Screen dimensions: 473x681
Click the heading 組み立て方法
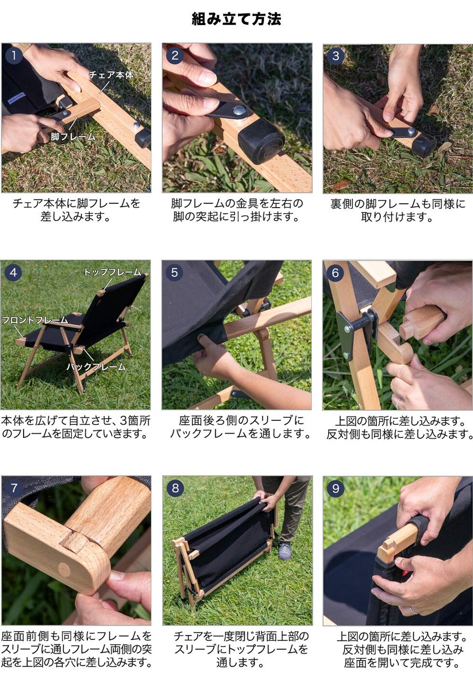(236, 19)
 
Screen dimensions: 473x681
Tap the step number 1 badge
(14, 56)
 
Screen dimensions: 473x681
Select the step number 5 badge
(175, 273)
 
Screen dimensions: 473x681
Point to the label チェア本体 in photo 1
(111, 75)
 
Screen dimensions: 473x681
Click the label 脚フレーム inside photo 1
(73, 137)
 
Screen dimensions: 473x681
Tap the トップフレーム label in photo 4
(112, 272)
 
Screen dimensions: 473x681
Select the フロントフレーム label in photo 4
(35, 320)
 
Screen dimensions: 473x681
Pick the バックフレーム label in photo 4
(96, 367)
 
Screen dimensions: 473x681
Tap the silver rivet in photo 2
(240, 111)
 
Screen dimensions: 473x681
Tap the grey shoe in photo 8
(285, 551)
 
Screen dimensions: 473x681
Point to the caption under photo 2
(237, 210)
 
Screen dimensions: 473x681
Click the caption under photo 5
(240, 427)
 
